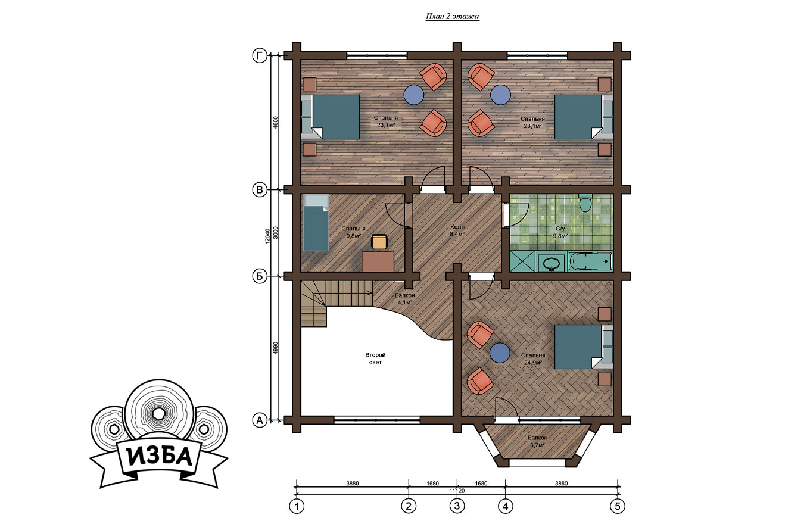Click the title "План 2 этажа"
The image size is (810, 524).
(x=453, y=17)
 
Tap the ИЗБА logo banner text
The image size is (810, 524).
(x=159, y=456)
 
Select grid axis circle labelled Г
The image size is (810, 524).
(x=259, y=56)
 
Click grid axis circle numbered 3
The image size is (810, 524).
(x=457, y=506)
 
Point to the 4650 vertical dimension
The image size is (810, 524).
(x=276, y=123)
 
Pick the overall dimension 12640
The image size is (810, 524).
(x=267, y=236)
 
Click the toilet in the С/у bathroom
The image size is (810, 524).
(x=585, y=203)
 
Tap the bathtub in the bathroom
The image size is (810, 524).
(x=590, y=261)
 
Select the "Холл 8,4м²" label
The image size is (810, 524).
(x=457, y=230)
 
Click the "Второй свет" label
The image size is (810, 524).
(x=375, y=358)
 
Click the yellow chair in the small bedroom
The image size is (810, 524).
(x=379, y=242)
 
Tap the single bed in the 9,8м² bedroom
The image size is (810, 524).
(x=316, y=223)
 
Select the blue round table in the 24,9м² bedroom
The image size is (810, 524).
(x=500, y=353)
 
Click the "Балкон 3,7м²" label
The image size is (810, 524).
(x=537, y=441)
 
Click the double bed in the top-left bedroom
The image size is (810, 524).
(x=331, y=117)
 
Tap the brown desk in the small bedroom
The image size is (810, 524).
(x=378, y=262)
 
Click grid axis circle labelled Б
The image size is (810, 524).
(x=259, y=277)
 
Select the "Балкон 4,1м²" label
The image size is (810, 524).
(x=404, y=299)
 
